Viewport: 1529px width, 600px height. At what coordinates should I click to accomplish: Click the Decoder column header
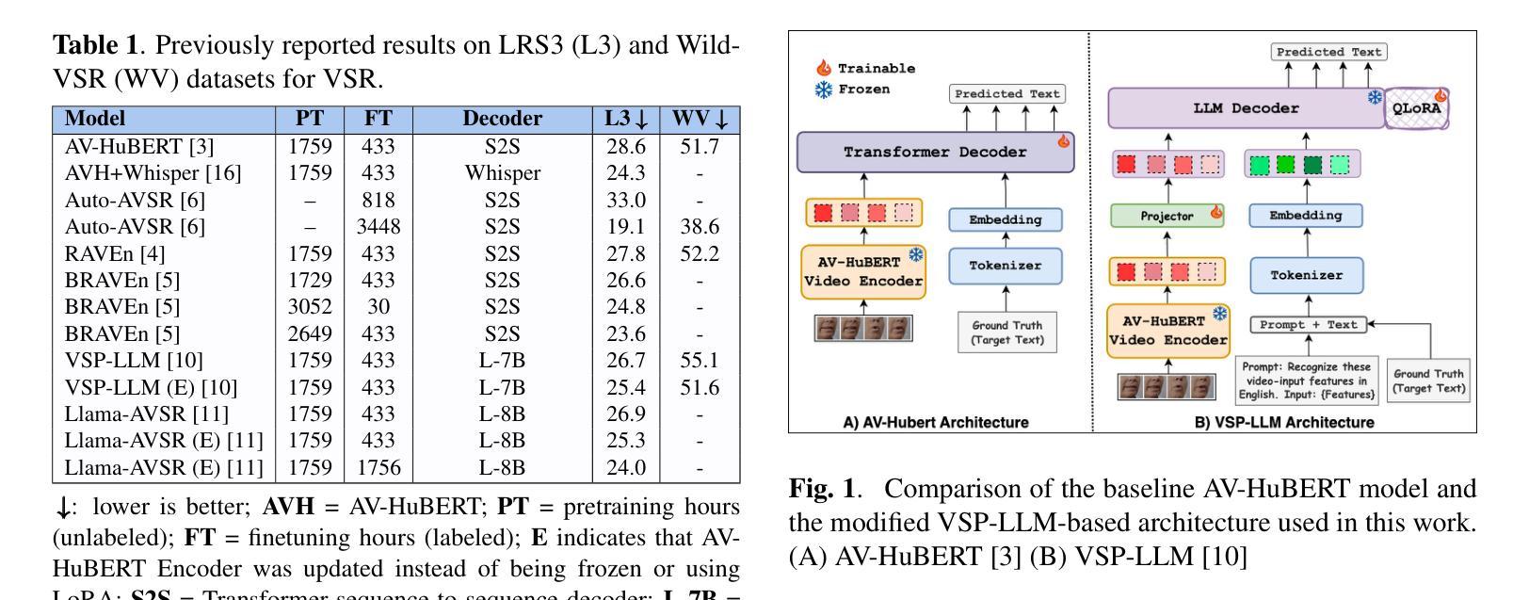(x=502, y=119)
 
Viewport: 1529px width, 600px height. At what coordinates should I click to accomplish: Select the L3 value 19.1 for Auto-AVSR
(x=625, y=226)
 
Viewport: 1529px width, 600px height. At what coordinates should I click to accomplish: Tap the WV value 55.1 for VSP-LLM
(x=700, y=360)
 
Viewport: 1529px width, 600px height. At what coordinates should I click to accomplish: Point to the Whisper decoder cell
(x=502, y=173)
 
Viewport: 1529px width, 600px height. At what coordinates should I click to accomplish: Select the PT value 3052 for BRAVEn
(x=310, y=306)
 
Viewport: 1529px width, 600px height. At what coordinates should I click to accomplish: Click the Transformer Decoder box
(x=935, y=152)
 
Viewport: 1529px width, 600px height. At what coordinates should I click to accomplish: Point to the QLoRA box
(x=1417, y=108)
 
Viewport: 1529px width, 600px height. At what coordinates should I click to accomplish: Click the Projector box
(x=1168, y=216)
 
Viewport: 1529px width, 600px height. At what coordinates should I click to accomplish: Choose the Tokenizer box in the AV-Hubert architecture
(x=1006, y=266)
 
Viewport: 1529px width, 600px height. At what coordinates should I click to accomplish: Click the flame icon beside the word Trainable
(x=824, y=68)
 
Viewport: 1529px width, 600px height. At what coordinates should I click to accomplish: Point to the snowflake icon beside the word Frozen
(x=824, y=90)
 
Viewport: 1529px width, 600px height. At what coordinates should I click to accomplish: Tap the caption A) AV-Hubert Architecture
(x=935, y=422)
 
